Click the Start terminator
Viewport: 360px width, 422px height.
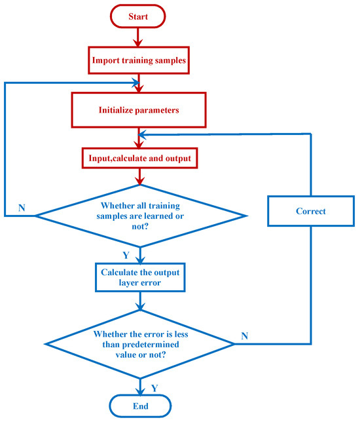click(x=137, y=16)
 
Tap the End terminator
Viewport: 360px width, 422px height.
click(x=140, y=406)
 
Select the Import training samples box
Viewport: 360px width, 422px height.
click(x=139, y=60)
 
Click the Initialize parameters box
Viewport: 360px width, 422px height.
click(x=139, y=110)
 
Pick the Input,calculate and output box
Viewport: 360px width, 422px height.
click(x=140, y=158)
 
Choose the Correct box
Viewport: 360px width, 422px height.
click(x=311, y=211)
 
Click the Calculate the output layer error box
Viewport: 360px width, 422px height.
click(x=140, y=277)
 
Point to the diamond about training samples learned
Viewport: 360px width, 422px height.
click(x=140, y=216)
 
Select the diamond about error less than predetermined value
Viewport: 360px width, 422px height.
click(x=140, y=344)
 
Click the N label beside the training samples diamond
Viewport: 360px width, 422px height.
click(x=22, y=208)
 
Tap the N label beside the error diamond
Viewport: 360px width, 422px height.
click(x=244, y=336)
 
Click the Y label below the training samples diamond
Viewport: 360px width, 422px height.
click(x=126, y=255)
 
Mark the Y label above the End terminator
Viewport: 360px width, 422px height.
click(x=154, y=388)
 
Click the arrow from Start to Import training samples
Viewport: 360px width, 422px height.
click(x=138, y=37)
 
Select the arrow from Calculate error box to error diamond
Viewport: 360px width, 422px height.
click(x=140, y=301)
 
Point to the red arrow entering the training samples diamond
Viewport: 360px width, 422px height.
click(x=140, y=176)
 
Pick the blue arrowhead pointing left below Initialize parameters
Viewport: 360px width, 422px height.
click(x=142, y=134)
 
